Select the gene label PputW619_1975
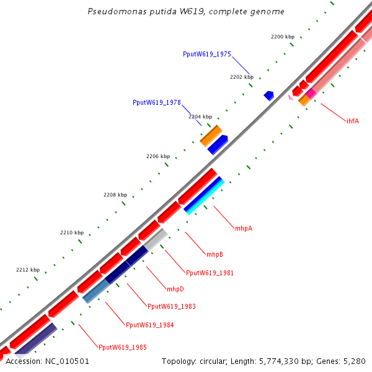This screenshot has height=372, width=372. (x=206, y=55)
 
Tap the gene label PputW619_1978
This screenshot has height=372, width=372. (x=156, y=102)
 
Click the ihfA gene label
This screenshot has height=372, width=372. (x=352, y=121)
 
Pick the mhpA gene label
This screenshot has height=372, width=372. (x=243, y=228)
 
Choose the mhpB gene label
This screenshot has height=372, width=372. (x=215, y=254)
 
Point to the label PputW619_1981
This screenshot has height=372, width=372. (x=210, y=273)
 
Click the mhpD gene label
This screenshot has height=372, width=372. (x=175, y=289)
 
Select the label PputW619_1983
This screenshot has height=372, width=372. (x=171, y=306)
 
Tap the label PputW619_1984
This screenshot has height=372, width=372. (x=149, y=325)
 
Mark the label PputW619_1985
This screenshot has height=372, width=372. (x=122, y=347)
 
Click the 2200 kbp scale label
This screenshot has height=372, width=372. (x=282, y=37)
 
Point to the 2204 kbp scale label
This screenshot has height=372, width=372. (x=200, y=117)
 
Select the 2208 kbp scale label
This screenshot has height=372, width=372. (x=115, y=195)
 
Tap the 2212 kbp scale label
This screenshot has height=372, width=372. (x=27, y=270)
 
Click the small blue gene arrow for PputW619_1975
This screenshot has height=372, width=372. (x=268, y=95)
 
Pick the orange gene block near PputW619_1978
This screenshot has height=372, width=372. (x=211, y=135)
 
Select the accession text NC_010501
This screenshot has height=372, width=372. (x=47, y=361)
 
